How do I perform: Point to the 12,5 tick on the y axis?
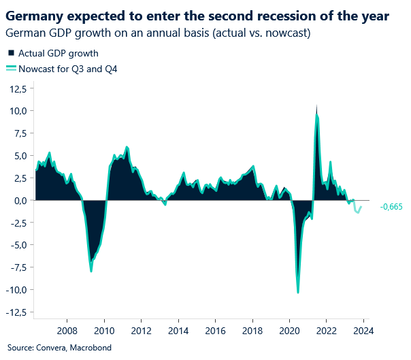coord(18,88)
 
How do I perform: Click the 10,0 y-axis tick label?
coord(18,110)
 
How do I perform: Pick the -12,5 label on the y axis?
coord(16,312)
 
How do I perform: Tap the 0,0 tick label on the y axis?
coord(20,200)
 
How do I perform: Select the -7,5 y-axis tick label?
coord(18,267)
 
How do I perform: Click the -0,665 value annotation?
coord(391,206)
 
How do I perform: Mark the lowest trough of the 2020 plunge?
coord(298,293)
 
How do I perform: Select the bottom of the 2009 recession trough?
coord(91,271)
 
